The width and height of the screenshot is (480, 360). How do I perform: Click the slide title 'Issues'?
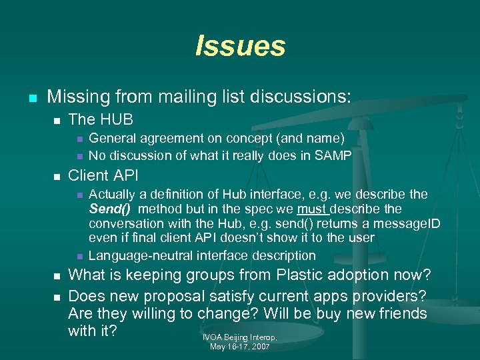[x=240, y=47]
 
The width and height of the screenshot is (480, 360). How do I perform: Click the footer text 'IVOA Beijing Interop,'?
[x=240, y=338]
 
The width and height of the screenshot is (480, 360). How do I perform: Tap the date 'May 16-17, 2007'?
[x=240, y=347]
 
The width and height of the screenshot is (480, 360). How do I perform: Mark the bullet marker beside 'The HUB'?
[x=57, y=121]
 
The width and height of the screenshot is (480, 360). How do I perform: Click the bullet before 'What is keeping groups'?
[x=57, y=275]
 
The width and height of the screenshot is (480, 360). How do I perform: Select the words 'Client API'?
[x=103, y=177]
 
